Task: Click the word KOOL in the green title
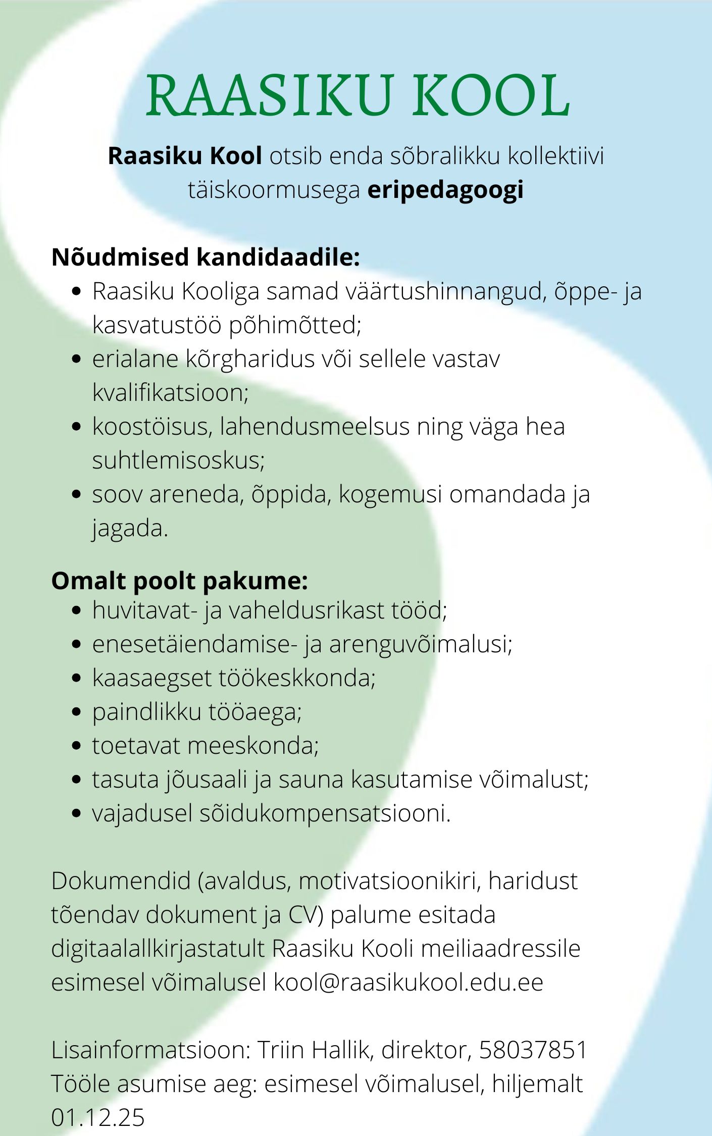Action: point(491,96)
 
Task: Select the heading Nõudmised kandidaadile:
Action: point(206,257)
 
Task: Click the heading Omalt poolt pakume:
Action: point(179,581)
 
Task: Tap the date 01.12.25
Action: point(97,1117)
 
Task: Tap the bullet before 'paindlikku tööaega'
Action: point(77,712)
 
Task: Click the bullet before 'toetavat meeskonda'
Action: point(77,746)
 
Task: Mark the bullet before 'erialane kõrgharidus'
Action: point(77,359)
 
